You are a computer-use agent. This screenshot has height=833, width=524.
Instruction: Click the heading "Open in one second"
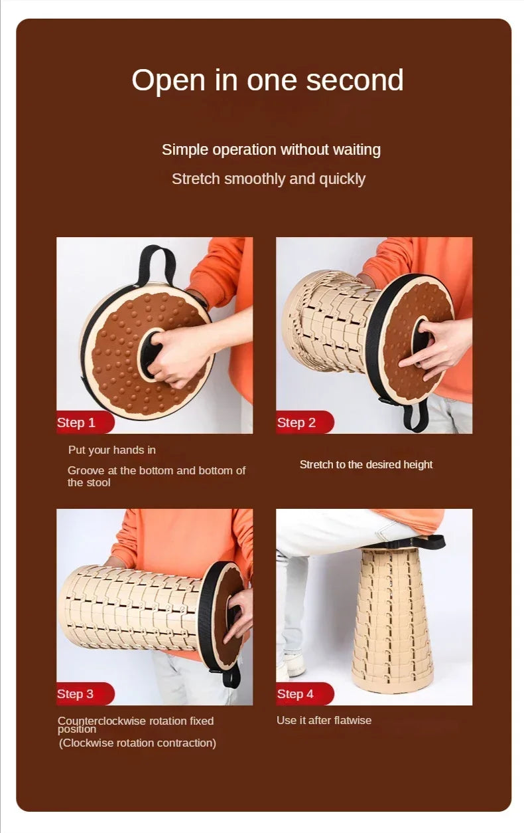pyautogui.click(x=267, y=80)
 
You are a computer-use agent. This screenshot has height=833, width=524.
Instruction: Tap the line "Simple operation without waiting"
pyautogui.click(x=271, y=149)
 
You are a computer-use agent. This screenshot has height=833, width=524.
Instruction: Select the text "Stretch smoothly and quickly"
pyautogui.click(x=269, y=179)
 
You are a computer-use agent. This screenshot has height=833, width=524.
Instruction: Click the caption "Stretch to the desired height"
pyautogui.click(x=365, y=464)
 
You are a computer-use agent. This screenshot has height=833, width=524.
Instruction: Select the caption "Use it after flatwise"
pyautogui.click(x=324, y=720)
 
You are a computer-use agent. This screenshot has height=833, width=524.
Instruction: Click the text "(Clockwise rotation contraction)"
pyautogui.click(x=137, y=743)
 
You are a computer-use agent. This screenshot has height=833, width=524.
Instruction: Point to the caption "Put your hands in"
pyautogui.click(x=112, y=450)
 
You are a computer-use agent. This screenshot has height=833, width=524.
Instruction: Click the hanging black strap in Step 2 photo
pyautogui.click(x=417, y=415)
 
